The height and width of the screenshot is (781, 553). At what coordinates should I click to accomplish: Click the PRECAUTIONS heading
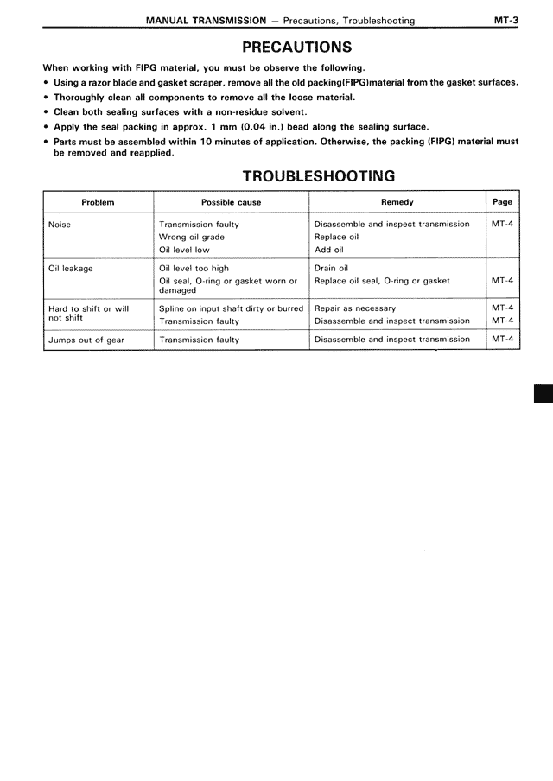pos(296,48)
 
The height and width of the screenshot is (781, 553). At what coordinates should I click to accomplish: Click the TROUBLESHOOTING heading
pos(319,176)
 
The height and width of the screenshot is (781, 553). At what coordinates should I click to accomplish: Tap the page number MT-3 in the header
pos(505,20)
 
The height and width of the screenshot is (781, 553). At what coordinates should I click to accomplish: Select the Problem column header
pos(98,202)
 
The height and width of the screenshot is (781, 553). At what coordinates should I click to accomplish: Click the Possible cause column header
pos(231,202)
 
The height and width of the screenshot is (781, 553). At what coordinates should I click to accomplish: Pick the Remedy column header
pos(397,202)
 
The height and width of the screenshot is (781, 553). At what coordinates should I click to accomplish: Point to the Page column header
pos(502,202)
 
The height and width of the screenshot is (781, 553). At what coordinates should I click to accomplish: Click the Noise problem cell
pos(60,225)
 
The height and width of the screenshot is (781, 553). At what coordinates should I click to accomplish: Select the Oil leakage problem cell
pos(71,269)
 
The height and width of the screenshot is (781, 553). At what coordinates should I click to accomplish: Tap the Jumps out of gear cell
pos(86,340)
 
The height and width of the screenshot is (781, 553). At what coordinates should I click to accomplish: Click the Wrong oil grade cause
pos(192,237)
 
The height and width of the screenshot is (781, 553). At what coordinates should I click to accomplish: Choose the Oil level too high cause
pos(194,269)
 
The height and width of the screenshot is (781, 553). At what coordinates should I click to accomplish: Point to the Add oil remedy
pos(329,250)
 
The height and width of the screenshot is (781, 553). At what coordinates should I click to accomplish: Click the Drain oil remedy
pos(332,269)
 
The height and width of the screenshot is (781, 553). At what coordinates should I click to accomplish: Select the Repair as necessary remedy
pos(355,308)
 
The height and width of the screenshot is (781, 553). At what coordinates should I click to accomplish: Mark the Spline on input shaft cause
pos(231,308)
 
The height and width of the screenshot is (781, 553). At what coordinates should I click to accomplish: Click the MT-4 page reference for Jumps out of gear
pos(502,340)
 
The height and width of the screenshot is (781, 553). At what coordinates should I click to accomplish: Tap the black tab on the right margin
pos(543,395)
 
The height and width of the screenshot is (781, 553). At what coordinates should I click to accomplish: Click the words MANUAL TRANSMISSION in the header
pos(206,20)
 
